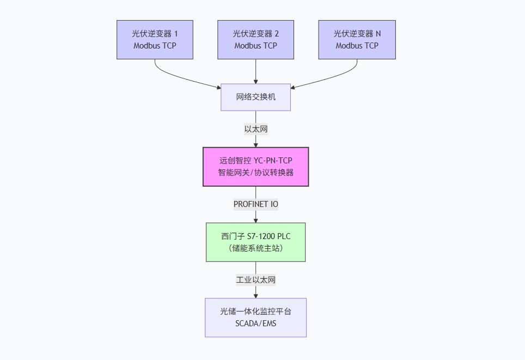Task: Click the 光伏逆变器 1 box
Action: (x=155, y=40)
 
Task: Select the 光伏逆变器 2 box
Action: (x=255, y=40)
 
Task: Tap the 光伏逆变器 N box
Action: (x=357, y=40)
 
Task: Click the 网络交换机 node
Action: (x=255, y=97)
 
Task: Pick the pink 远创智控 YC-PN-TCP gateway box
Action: (x=255, y=167)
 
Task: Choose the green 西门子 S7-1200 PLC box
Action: (x=255, y=242)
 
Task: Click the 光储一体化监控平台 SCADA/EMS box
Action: (x=255, y=318)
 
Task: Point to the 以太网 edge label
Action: (x=255, y=129)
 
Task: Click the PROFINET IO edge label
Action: (x=255, y=204)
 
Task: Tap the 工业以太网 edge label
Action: (x=255, y=280)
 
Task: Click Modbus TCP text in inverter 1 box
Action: (x=155, y=46)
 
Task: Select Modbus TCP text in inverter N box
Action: (x=357, y=46)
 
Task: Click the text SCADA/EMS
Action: (x=255, y=324)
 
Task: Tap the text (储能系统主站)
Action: (x=255, y=248)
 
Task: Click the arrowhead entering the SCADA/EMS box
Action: (x=255, y=295)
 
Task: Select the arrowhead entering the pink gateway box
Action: (x=255, y=144)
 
